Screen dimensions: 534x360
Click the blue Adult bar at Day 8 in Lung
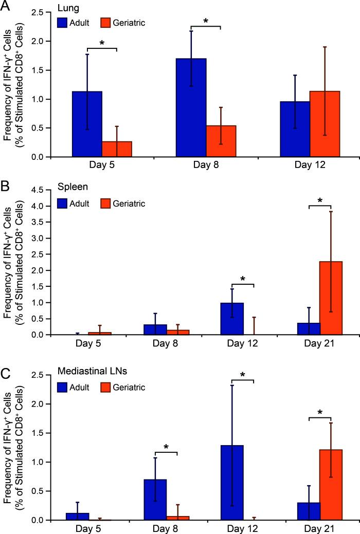(x=191, y=108)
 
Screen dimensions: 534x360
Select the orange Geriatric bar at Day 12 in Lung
(x=325, y=124)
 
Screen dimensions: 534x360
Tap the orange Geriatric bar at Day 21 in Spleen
(x=327, y=298)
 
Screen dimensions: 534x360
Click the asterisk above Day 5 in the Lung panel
(x=102, y=43)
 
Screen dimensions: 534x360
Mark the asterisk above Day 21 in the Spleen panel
(x=320, y=200)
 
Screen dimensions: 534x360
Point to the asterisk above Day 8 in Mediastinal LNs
(x=166, y=447)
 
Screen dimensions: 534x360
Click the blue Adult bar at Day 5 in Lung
(x=87, y=124)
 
